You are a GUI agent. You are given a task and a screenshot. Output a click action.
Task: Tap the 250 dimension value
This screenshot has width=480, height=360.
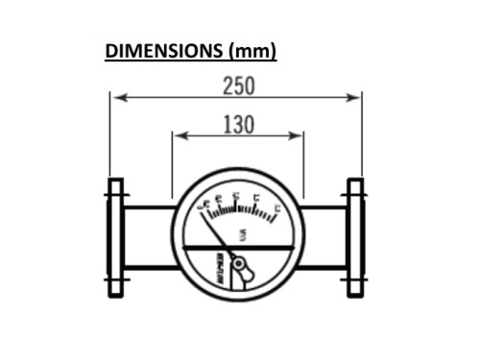pyautogui.click(x=237, y=84)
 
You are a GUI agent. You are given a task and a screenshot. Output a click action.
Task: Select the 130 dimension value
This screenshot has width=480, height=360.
pyautogui.click(x=237, y=124)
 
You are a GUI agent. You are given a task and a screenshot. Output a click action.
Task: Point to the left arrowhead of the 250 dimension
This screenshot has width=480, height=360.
pyautogui.click(x=116, y=95)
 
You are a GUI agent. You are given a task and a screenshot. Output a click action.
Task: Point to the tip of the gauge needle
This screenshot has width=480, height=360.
pyautogui.click(x=204, y=210)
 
